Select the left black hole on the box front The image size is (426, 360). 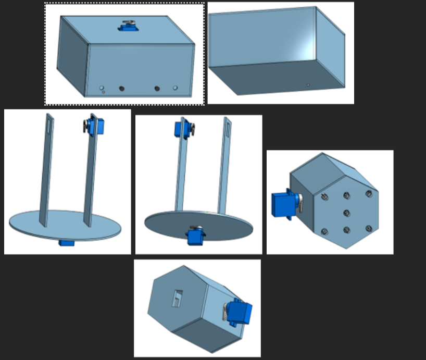pyautogui.click(x=122, y=89)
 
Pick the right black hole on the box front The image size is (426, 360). pyautogui.click(x=157, y=89)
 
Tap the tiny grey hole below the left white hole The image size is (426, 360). pyautogui.click(x=103, y=92)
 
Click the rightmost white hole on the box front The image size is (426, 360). pyautogui.click(x=175, y=88)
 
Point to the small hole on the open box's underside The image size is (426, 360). pyautogui.click(x=308, y=84)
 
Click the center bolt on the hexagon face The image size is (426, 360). pyautogui.click(x=347, y=212)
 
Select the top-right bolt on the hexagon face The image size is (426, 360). pyautogui.click(x=369, y=194)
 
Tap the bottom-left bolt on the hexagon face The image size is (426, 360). pyautogui.click(x=324, y=231)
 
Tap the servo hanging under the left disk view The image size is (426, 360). pyautogui.click(x=66, y=243)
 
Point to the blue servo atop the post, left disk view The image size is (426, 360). pyautogui.click(x=95, y=127)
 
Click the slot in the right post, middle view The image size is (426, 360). pyautogui.click(x=228, y=126)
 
